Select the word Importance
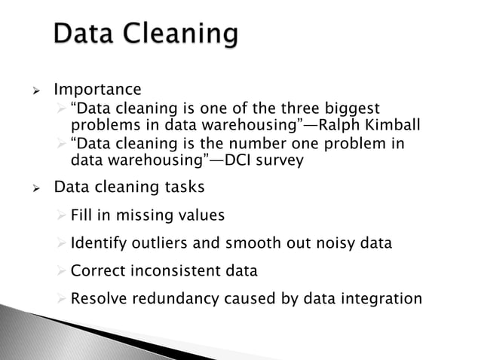point(97,90)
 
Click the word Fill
point(81,215)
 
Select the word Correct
point(95,270)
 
